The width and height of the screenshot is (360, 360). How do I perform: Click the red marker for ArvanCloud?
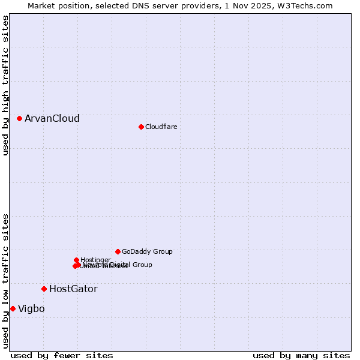19,118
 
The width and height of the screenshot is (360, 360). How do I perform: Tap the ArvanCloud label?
52,118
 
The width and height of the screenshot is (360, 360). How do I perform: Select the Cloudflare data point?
141,127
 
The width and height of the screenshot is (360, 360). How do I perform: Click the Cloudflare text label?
161,127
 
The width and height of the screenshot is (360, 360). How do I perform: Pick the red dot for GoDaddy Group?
118,251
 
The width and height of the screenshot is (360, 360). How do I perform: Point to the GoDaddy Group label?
147,251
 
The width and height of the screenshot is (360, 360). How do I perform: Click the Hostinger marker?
76,260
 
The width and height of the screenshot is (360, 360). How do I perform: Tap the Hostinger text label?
95,260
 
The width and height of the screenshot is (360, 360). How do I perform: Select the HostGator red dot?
44,289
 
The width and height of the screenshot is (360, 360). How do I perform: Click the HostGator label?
73,289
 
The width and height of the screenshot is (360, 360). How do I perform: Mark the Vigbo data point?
13,308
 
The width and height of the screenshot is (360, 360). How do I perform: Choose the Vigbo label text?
31,308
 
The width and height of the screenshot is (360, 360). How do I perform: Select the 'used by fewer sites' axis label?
62,355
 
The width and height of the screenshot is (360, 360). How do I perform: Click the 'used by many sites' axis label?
301,355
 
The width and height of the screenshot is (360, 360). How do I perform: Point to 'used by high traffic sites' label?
5,85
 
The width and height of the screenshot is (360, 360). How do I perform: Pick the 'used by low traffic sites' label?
5,281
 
